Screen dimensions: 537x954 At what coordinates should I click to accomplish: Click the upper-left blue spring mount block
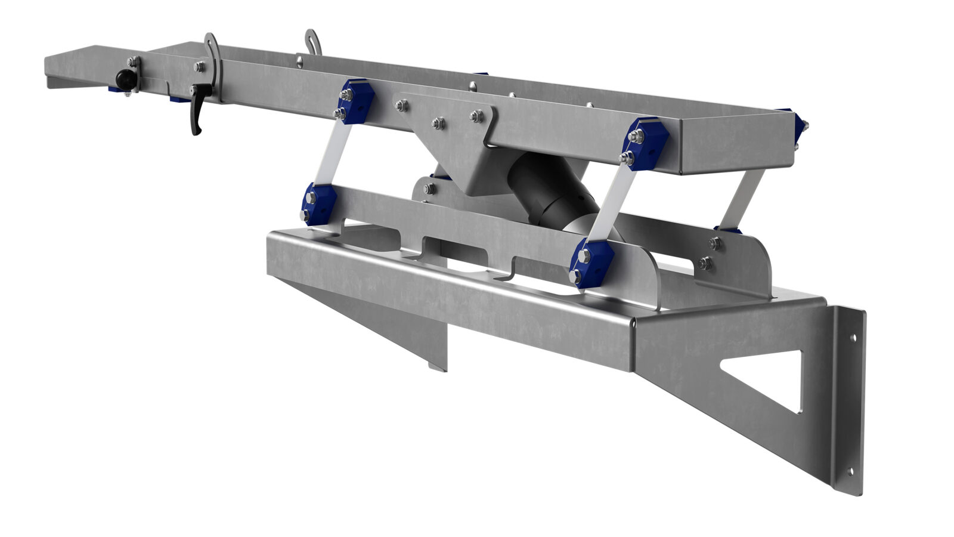(357, 101)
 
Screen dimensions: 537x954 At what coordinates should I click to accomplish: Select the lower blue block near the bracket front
(591, 263)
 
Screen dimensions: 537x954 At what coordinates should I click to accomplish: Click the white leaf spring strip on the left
(333, 155)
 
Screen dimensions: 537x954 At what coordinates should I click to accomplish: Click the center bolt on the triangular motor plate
(438, 124)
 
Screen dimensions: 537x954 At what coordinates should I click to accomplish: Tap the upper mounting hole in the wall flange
(853, 338)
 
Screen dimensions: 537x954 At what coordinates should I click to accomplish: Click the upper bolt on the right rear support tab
(714, 243)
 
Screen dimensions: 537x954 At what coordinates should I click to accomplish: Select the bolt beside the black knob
(132, 61)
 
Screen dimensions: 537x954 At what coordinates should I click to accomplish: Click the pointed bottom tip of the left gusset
(438, 366)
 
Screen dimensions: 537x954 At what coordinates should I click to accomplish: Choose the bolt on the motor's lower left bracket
(429, 189)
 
